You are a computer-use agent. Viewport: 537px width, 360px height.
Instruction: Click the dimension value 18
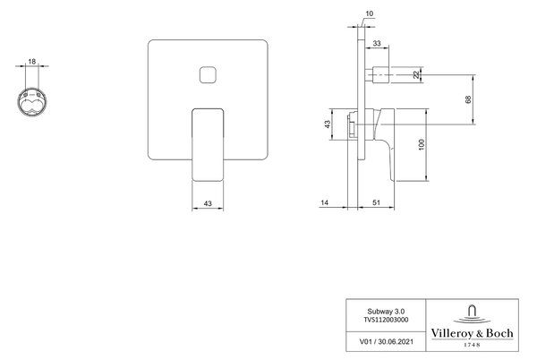(x=32, y=62)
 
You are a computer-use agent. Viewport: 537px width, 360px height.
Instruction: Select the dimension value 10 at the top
(x=370, y=13)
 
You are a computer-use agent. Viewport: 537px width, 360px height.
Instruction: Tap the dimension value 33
(x=377, y=44)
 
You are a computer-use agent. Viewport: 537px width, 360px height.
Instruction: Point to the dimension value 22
(x=416, y=74)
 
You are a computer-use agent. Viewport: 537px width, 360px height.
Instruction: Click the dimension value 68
(x=468, y=99)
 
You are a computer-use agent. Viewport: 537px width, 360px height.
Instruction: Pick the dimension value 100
(x=422, y=144)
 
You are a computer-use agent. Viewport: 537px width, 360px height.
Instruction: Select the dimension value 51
(x=377, y=202)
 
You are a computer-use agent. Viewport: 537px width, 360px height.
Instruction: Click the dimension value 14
(x=324, y=202)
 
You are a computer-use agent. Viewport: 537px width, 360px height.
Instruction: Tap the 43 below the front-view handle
(x=208, y=203)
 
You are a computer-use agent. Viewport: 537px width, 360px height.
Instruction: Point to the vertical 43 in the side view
(x=328, y=124)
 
